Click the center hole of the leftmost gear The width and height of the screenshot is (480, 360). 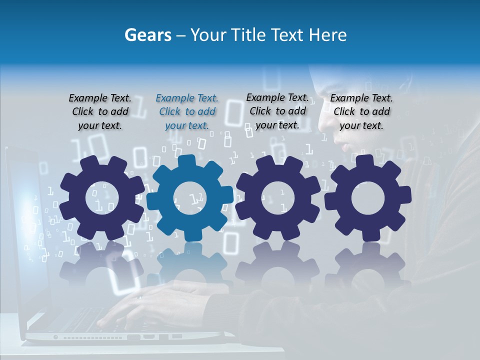tap(102, 197)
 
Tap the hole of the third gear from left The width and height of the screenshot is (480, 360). tap(277, 197)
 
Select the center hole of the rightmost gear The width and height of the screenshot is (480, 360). tap(368, 197)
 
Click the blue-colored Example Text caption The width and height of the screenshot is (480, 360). tap(187, 112)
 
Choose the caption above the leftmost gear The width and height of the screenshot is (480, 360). tap(100, 112)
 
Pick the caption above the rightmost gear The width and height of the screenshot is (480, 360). tap(361, 112)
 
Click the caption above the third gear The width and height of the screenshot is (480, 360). tap(277, 111)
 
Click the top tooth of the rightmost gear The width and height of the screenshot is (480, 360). tap(368, 161)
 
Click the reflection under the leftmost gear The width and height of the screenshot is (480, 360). tap(102, 265)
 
